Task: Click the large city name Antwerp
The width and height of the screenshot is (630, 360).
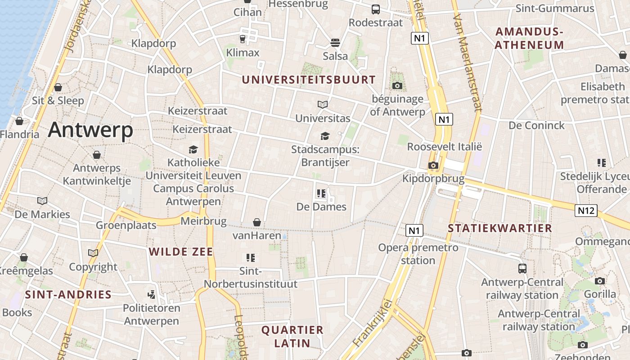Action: (x=90, y=130)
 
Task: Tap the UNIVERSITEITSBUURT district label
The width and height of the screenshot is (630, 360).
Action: (x=309, y=80)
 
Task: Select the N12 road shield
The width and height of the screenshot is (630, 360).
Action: (x=586, y=210)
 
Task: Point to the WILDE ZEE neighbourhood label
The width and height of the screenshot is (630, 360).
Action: (x=181, y=252)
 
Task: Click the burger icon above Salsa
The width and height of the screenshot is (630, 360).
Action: (x=335, y=43)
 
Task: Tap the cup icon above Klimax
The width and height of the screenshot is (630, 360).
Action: (x=243, y=39)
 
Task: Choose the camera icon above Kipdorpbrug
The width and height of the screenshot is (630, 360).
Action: (x=433, y=165)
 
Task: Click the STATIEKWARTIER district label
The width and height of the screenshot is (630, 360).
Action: (x=500, y=228)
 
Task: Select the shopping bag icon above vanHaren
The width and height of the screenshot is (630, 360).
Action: (x=256, y=222)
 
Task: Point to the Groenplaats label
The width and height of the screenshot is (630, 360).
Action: (x=126, y=225)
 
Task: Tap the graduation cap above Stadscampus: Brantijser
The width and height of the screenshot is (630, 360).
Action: (x=325, y=136)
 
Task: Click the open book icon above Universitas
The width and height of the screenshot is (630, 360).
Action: (x=323, y=105)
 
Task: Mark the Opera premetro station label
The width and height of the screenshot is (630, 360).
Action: (x=418, y=254)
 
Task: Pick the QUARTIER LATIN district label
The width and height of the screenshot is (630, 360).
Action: (x=292, y=336)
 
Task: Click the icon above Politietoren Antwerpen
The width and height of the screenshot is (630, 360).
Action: (x=152, y=295)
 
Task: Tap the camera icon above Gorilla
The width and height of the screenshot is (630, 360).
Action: (x=600, y=281)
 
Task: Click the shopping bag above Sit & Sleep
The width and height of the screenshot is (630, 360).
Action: (x=58, y=87)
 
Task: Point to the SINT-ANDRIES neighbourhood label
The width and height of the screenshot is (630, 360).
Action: (x=68, y=295)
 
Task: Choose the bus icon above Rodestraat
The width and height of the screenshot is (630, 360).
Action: (x=376, y=9)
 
